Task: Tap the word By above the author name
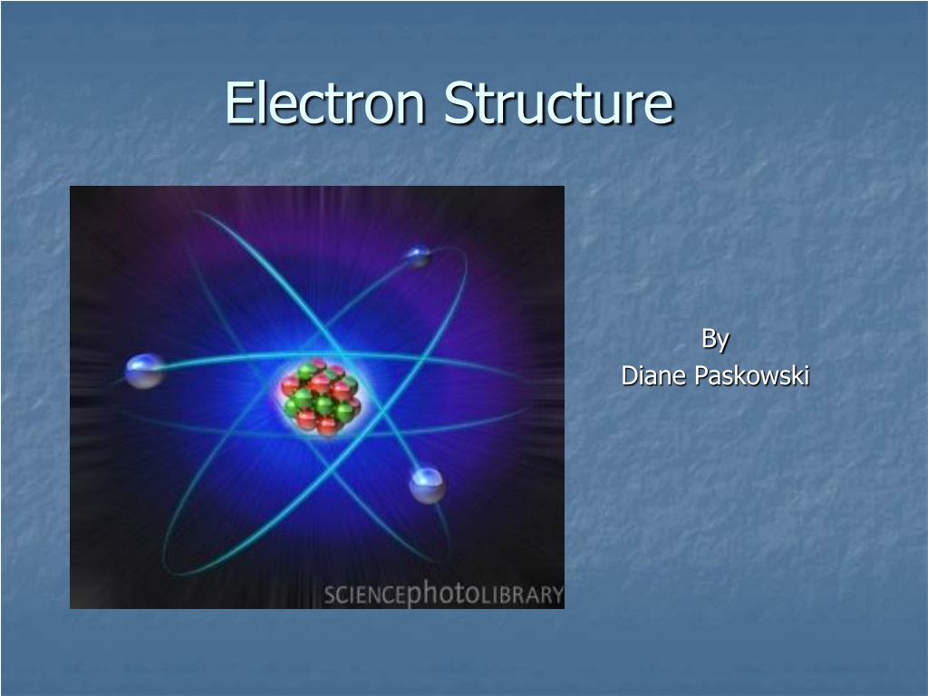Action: pos(715,340)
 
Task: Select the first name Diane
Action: pos(654,375)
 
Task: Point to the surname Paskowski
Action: pos(752,375)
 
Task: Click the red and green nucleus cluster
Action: pos(320,397)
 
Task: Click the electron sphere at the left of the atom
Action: pos(144,371)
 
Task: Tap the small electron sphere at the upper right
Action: pos(419,256)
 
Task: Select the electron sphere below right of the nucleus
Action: pos(428,486)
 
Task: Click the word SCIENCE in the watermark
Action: pos(365,594)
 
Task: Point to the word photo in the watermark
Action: pos(443,593)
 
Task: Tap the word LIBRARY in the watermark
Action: pos(521,594)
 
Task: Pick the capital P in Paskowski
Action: pos(702,375)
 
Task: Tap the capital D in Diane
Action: pos(630,375)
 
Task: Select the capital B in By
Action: pos(709,338)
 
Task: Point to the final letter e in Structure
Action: pos(660,108)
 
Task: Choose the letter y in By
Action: pos(722,343)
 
